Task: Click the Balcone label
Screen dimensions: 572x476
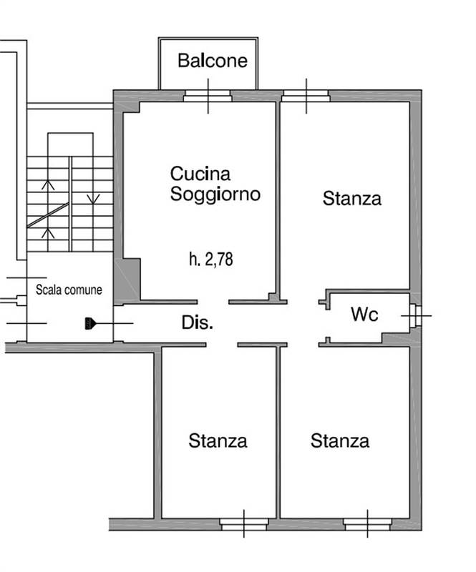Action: pyautogui.click(x=213, y=60)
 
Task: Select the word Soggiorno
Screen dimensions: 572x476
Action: pyautogui.click(x=215, y=194)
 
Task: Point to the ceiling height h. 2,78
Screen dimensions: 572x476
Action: pyautogui.click(x=210, y=260)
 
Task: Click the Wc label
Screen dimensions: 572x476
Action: pyautogui.click(x=364, y=314)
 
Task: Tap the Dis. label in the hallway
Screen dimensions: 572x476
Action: pyautogui.click(x=197, y=323)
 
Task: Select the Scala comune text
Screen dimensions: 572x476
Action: pyautogui.click(x=69, y=290)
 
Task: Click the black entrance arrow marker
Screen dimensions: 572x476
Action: pyautogui.click(x=89, y=323)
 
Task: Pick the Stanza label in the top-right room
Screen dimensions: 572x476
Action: pyautogui.click(x=351, y=198)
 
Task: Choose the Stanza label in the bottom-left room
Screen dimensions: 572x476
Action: pyautogui.click(x=218, y=440)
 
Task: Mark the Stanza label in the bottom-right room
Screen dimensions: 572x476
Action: pyautogui.click(x=340, y=440)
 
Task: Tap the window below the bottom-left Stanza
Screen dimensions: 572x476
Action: pyautogui.click(x=243, y=524)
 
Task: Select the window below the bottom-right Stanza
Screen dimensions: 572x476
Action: pyautogui.click(x=367, y=524)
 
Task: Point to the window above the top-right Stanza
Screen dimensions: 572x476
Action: pyautogui.click(x=306, y=95)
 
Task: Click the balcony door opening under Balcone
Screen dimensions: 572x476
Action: pyautogui.click(x=208, y=96)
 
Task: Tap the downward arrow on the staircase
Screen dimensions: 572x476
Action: pyautogui.click(x=91, y=198)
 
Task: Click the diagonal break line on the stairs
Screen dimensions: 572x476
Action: pyautogui.click(x=48, y=215)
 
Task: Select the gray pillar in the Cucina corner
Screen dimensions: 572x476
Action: pyautogui.click(x=127, y=280)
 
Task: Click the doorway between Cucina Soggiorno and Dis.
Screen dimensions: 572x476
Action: pyautogui.click(x=213, y=301)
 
